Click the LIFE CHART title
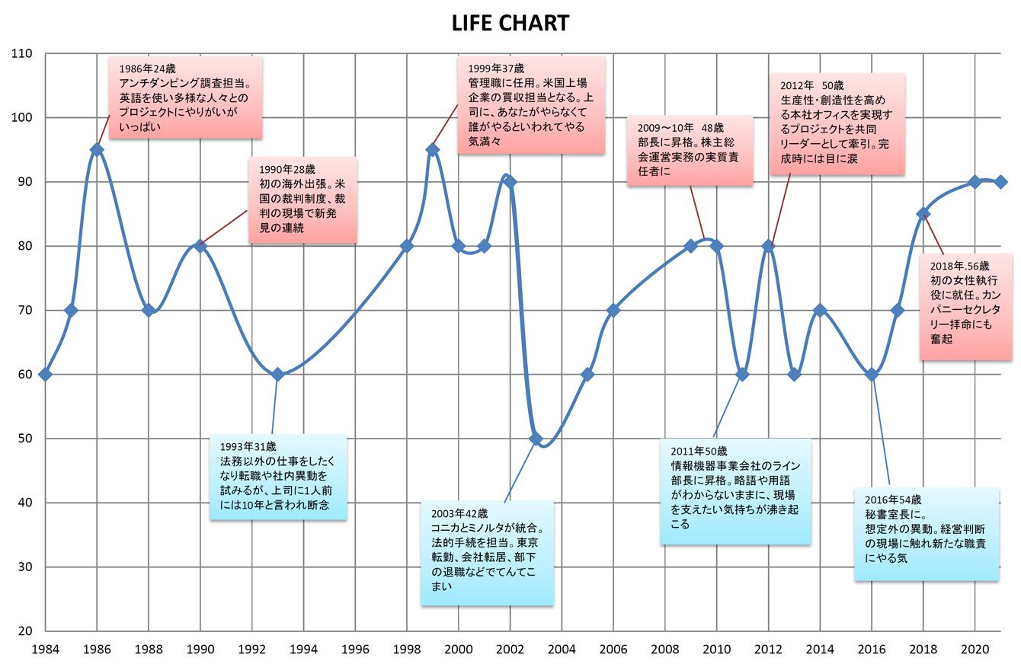click(x=510, y=23)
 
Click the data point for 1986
click(x=97, y=150)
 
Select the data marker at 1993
click(x=277, y=375)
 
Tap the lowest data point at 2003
click(x=536, y=439)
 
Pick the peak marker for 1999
click(x=433, y=150)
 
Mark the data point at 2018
click(x=923, y=213)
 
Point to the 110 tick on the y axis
click(x=22, y=54)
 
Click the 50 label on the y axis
click(x=25, y=439)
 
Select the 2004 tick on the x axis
click(x=562, y=649)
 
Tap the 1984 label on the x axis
click(x=45, y=649)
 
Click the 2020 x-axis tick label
click(x=975, y=649)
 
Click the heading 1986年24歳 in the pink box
click(x=147, y=69)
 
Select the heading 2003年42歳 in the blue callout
click(x=459, y=514)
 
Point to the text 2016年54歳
click(x=893, y=500)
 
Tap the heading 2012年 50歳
click(x=811, y=85)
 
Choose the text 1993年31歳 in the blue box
click(x=248, y=447)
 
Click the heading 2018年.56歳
click(x=960, y=267)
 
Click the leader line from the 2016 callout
click(x=881, y=429)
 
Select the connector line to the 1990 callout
click(x=223, y=228)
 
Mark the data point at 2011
click(x=742, y=375)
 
